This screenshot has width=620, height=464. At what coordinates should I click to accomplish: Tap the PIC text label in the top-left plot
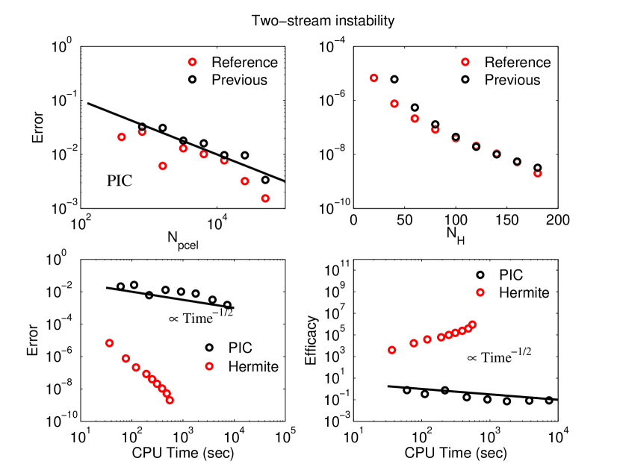click(x=120, y=179)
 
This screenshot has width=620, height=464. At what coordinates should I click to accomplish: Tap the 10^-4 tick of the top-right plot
click(x=332, y=47)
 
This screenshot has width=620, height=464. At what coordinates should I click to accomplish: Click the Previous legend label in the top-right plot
click(x=516, y=79)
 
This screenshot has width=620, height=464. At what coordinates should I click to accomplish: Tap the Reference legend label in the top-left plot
click(x=244, y=63)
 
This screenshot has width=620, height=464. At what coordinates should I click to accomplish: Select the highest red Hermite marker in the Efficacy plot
click(x=472, y=325)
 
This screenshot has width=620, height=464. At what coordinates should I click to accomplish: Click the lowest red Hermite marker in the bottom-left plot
click(x=170, y=401)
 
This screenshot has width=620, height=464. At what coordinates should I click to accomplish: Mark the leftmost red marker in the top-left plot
click(x=122, y=137)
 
